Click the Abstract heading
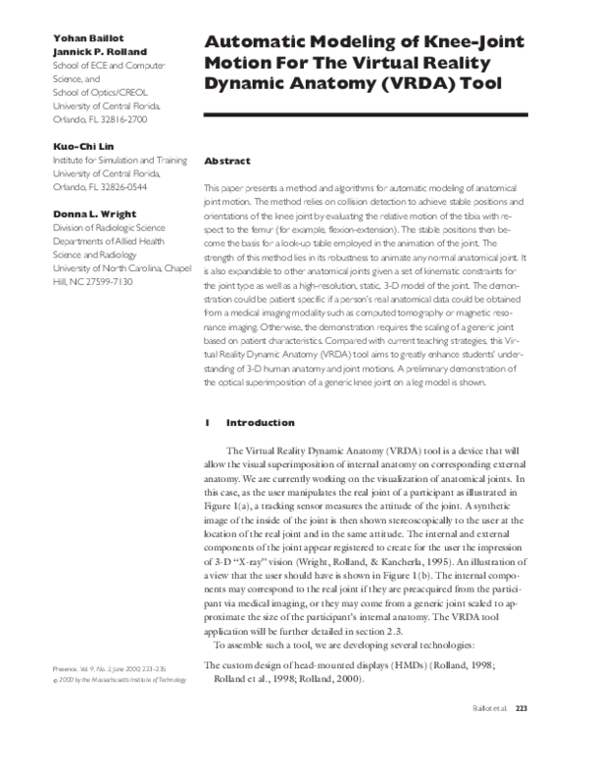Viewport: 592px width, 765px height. [227, 161]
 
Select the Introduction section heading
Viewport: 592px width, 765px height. [260, 423]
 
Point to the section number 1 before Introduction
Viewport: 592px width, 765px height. [207, 423]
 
